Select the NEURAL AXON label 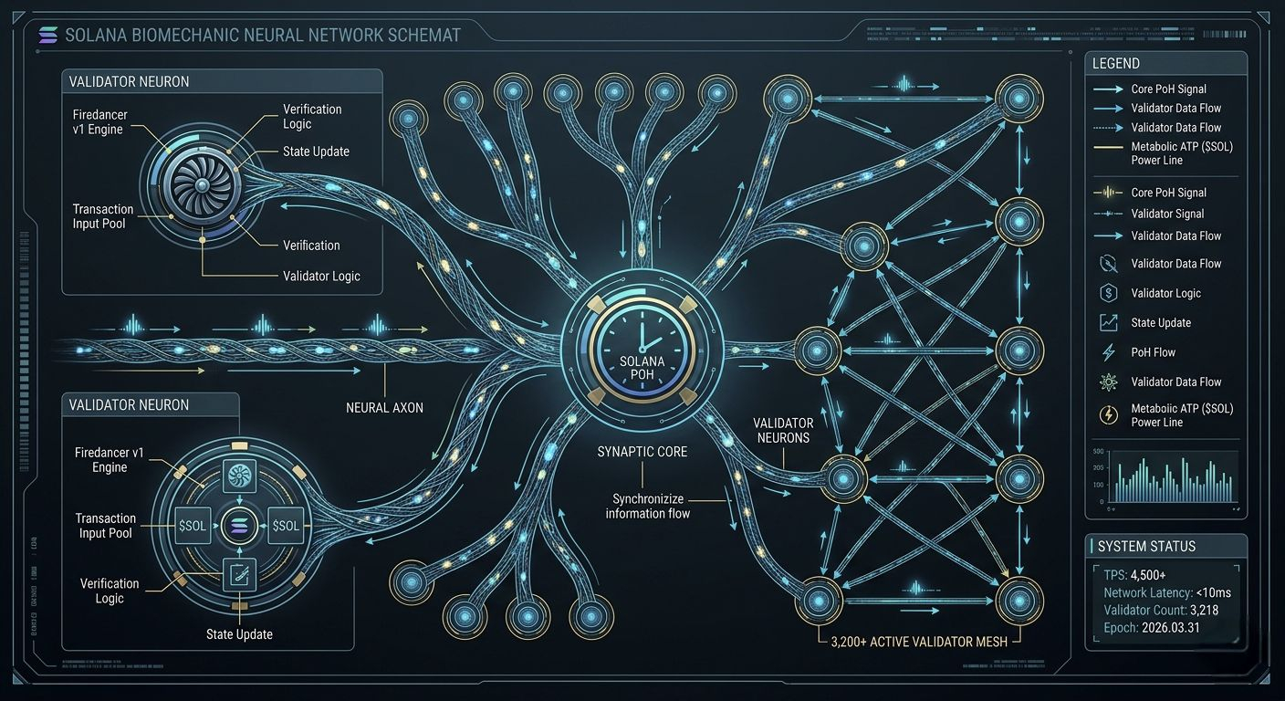pos(384,408)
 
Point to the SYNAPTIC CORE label pos(642,452)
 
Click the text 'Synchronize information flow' pos(647,507)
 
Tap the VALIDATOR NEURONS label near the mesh pos(783,431)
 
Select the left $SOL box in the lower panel pos(193,525)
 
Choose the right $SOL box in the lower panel pos(286,525)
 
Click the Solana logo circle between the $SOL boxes pos(240,525)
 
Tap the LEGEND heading pos(1115,64)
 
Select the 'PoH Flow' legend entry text pos(1153,352)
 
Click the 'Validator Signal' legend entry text pos(1167,214)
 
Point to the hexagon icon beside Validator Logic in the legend pos(1109,293)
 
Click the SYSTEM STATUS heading pos(1145,547)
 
